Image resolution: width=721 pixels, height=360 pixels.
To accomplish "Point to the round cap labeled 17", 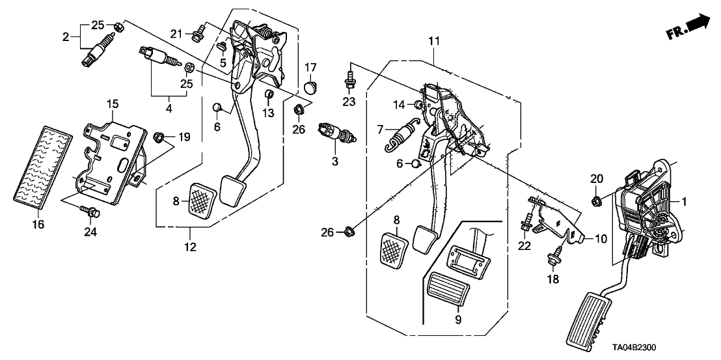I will click(x=310, y=85).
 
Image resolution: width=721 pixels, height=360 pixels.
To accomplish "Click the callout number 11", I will click(x=434, y=42).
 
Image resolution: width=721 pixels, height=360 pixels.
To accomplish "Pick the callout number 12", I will click(x=191, y=247).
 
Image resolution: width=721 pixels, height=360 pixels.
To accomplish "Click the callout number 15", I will click(x=112, y=104).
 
